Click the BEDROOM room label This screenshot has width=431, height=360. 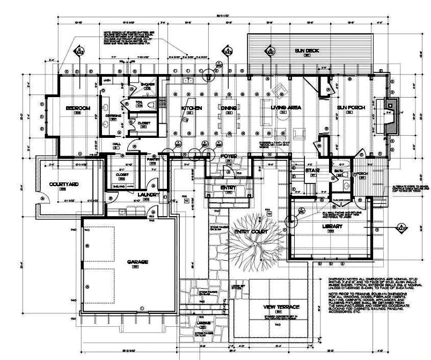pos(78,108)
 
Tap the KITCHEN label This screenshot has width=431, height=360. pos(191,108)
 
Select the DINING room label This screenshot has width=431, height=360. pos(229,108)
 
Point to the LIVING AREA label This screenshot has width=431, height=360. pos(286,108)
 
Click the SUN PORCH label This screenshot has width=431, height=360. pos(351,108)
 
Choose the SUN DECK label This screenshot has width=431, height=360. pos(307,51)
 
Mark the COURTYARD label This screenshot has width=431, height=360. pos(64,185)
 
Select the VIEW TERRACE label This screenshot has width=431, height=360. pos(281,307)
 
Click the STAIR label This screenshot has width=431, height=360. pos(313,171)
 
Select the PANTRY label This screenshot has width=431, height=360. pos(151,159)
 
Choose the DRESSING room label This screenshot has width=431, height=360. pos(113,115)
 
